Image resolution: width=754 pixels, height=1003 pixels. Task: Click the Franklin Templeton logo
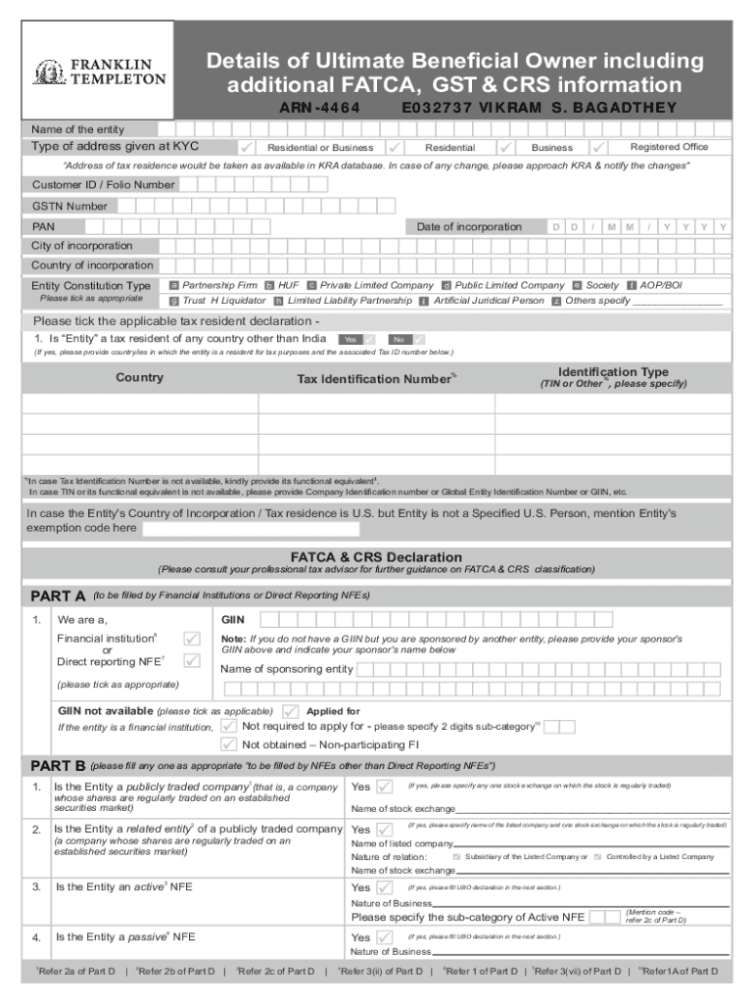coord(99,72)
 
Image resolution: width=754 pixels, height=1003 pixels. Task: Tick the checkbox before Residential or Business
coord(248,147)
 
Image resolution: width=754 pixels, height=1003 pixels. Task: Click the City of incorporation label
coord(82,246)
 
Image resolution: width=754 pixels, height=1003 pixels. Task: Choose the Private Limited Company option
coord(311,285)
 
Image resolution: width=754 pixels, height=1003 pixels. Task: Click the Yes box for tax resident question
coord(352,339)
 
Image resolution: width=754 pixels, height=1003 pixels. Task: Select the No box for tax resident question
coord(401,339)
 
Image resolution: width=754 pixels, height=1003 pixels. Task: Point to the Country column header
coord(140,378)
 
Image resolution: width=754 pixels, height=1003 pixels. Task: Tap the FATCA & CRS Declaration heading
coord(376,556)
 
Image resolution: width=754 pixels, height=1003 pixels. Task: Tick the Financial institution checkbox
coord(192,639)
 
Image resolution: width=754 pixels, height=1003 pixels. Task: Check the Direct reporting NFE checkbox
coord(192,661)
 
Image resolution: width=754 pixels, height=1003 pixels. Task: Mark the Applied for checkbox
coord(291,711)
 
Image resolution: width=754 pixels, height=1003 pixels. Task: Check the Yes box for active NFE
coord(384,887)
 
